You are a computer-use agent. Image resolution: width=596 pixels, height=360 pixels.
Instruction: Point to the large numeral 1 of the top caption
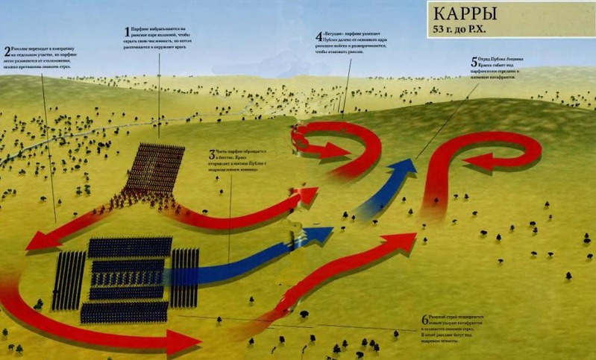pyautogui.click(x=127, y=31)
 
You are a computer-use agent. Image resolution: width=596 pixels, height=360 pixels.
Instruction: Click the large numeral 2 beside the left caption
pyautogui.click(x=7, y=51)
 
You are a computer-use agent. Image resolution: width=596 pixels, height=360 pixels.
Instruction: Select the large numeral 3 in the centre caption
pyautogui.click(x=212, y=155)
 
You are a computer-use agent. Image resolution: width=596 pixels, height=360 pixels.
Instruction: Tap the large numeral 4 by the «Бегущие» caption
pyautogui.click(x=319, y=37)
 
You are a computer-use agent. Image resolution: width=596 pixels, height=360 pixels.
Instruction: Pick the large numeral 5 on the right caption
pyautogui.click(x=474, y=63)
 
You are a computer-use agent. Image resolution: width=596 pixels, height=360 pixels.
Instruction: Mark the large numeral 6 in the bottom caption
pyautogui.click(x=424, y=320)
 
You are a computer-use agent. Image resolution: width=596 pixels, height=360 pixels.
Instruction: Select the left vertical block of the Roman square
pyautogui.click(x=69, y=280)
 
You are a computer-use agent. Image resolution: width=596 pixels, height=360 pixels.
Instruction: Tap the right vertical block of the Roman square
pyautogui.click(x=184, y=277)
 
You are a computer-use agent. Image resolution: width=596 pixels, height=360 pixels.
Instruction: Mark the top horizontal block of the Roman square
pyautogui.click(x=130, y=247)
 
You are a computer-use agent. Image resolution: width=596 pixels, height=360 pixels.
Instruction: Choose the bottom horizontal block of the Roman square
pyautogui.click(x=124, y=312)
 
